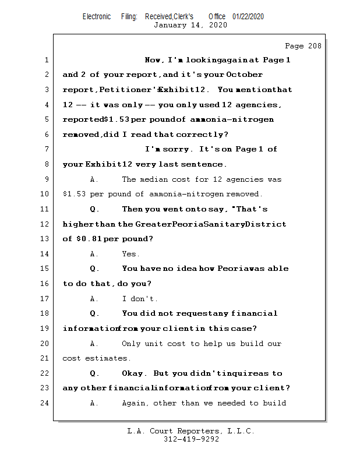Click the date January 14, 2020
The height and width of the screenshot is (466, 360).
190,25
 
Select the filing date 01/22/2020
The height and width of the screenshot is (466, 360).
248,16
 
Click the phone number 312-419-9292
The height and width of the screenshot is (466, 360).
191,439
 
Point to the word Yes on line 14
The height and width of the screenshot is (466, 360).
130,254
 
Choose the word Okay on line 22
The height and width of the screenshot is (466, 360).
134,373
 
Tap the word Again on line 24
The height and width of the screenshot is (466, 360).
136,403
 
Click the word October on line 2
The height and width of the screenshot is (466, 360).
244,75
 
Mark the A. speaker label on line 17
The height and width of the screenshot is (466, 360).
94,299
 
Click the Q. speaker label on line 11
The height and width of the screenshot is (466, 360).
94,209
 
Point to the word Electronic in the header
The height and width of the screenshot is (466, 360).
97,16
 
